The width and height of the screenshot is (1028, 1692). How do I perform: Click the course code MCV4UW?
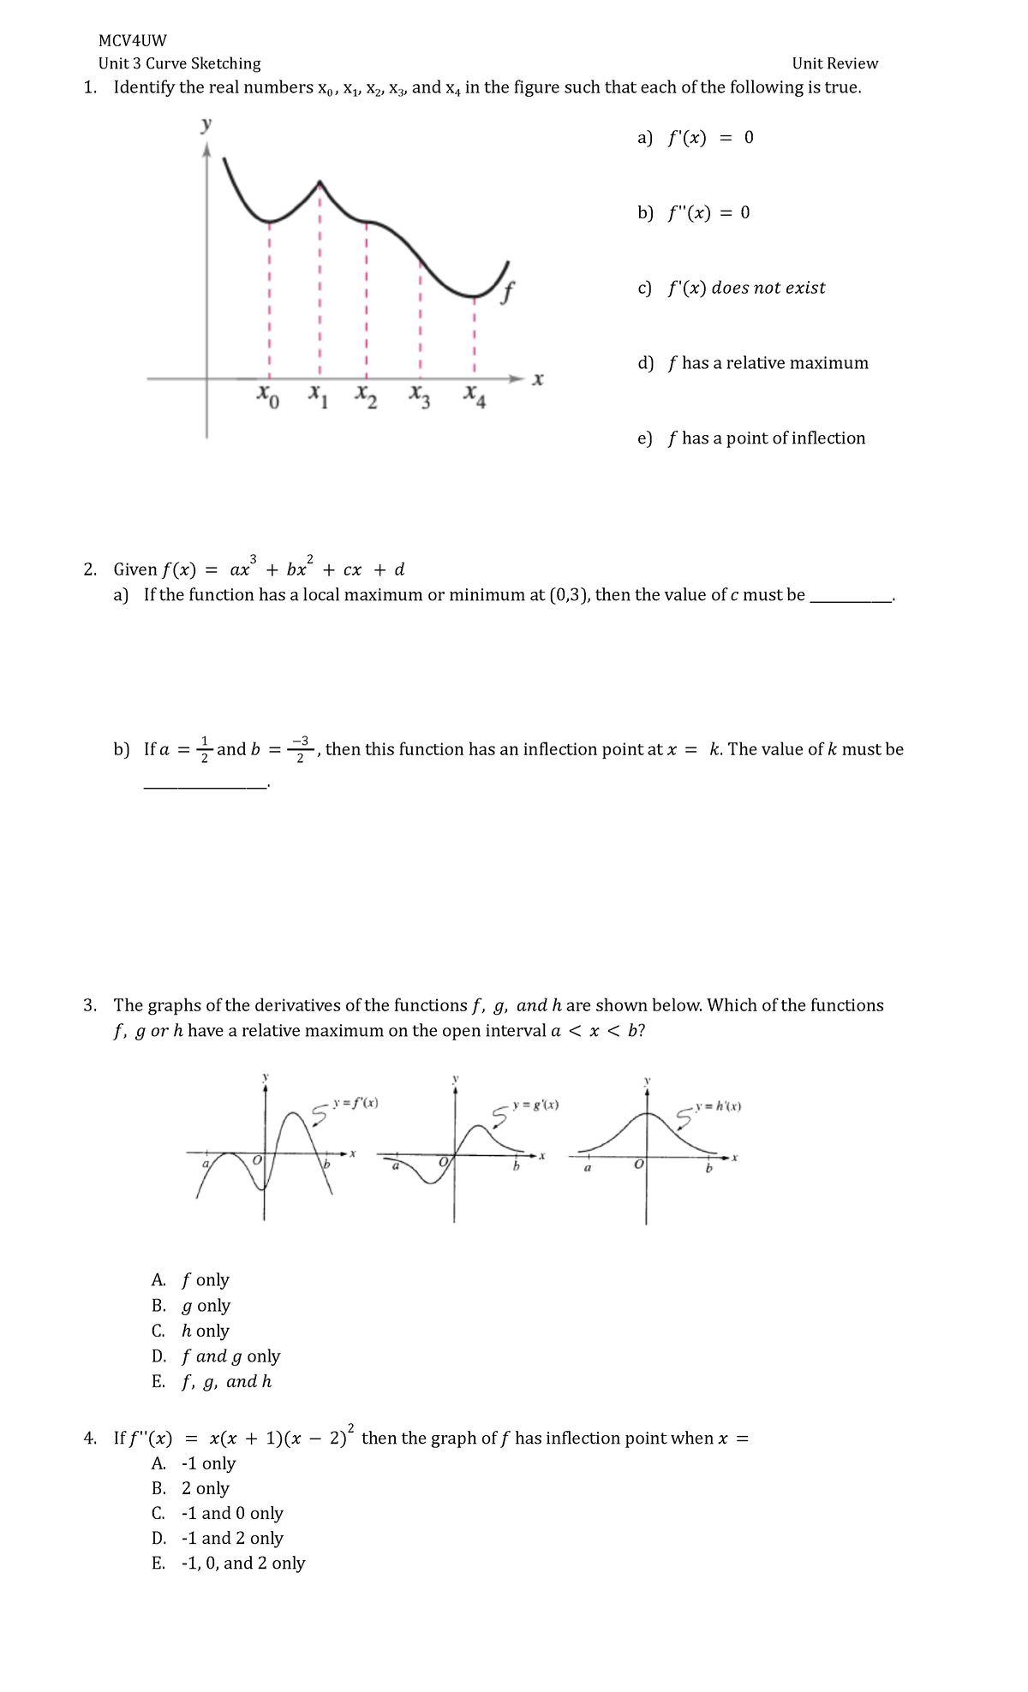[x=132, y=40]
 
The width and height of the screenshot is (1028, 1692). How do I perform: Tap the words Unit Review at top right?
[x=834, y=63]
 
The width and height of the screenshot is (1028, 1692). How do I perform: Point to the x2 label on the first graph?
[x=366, y=396]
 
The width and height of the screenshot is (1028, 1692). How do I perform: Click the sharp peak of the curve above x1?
[x=320, y=182]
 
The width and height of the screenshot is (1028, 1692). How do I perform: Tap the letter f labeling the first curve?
[x=508, y=293]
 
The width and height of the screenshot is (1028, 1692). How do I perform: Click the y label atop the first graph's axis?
[x=206, y=125]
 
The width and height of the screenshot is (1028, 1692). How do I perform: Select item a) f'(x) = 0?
[x=695, y=138]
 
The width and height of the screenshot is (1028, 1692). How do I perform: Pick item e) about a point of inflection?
[x=751, y=438]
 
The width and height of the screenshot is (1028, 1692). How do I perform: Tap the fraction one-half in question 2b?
[x=204, y=748]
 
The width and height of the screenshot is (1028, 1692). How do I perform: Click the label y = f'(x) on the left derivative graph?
[x=356, y=1103]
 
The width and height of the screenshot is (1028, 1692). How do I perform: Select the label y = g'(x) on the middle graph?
[x=535, y=1105]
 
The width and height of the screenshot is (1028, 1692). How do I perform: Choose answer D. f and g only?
[x=216, y=1355]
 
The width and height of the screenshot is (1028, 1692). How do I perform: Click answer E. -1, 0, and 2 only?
[x=228, y=1563]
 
